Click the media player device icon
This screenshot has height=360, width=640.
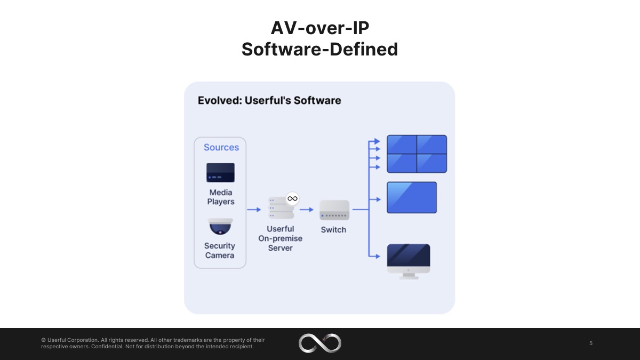pos(220,173)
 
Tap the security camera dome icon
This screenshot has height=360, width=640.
pos(220,227)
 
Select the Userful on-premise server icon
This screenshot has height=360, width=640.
pos(281,207)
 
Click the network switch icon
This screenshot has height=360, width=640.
pos(334,210)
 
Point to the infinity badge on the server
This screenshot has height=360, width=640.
pos(292,198)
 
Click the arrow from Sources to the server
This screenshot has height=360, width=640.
pos(254,210)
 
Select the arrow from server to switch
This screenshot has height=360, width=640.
pos(307,210)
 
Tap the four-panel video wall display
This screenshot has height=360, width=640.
pos(417,154)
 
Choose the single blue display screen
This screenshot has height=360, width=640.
pos(412,197)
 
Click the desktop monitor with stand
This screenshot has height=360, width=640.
pos(409,261)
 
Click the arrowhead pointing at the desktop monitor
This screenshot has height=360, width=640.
pos(378,257)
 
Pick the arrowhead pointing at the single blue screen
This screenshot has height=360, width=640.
pos(378,199)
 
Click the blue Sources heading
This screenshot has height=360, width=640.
pos(221,147)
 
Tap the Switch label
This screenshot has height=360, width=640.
pos(333,230)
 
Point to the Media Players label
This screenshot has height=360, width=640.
pos(221,197)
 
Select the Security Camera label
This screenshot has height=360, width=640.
pos(220,251)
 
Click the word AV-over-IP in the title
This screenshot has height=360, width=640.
pos(320,28)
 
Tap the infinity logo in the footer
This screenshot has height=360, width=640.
pos(320,343)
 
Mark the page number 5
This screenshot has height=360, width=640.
pos(591,343)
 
